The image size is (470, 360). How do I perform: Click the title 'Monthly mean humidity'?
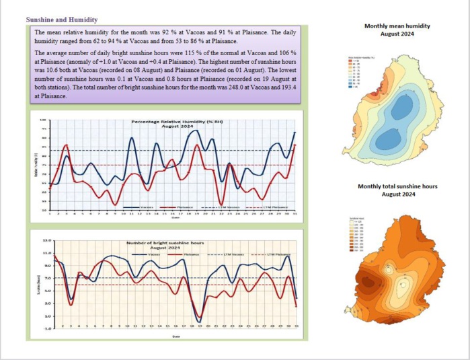397,26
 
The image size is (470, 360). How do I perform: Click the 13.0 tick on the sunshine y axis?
46,240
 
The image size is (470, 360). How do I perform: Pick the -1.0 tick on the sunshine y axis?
46,328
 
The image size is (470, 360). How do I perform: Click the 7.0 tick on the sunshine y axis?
46,278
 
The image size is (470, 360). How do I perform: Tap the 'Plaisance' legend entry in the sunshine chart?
190,254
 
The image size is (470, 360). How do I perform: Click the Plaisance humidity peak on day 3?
66,145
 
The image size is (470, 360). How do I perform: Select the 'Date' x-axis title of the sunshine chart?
175,336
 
